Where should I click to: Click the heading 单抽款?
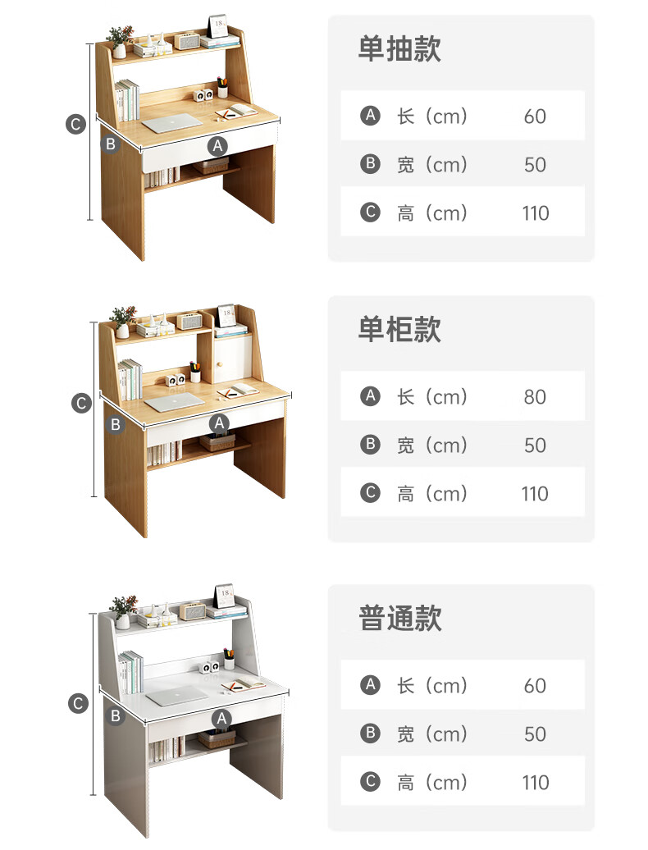click(399, 48)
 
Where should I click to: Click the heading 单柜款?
click(399, 329)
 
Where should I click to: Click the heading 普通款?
click(399, 618)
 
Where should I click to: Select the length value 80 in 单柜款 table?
click(535, 397)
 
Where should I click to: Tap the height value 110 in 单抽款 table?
click(535, 213)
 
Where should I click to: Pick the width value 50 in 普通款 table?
click(535, 733)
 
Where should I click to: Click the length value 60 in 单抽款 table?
click(535, 117)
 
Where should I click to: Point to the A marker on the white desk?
click(221, 718)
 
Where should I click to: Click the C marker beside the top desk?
click(75, 125)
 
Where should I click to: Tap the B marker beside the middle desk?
click(116, 424)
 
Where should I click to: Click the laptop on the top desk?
click(175, 124)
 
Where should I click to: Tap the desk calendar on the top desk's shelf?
click(218, 27)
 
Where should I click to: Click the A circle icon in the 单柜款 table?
click(371, 397)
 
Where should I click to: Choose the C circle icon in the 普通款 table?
click(371, 782)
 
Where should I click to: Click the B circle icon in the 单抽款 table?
click(371, 164)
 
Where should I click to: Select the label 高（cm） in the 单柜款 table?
click(432, 493)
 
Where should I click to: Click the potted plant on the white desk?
click(123, 612)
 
